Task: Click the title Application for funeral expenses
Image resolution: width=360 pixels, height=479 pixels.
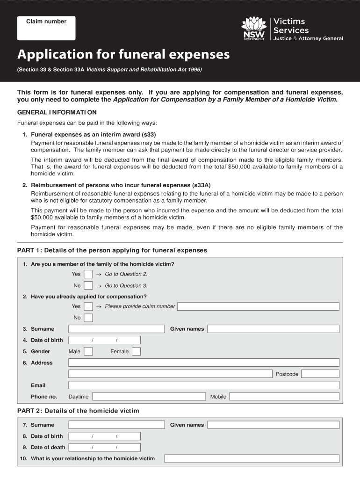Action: tap(123, 55)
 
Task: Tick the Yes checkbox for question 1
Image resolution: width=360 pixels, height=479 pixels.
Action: tap(88, 274)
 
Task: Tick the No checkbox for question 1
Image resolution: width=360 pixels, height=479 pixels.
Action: tap(88, 285)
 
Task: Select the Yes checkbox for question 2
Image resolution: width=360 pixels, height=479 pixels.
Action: tap(88, 306)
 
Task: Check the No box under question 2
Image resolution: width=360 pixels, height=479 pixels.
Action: tap(88, 318)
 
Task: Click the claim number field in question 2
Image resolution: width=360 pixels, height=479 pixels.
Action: tap(258, 306)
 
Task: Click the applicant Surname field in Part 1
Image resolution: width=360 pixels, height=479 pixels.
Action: tap(116, 329)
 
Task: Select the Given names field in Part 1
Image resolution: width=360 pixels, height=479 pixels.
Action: tap(274, 329)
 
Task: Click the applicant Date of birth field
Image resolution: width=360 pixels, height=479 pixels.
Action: tap(104, 340)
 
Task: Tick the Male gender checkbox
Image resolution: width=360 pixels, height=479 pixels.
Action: tap(88, 351)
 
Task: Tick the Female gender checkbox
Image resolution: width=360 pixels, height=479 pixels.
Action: tap(136, 351)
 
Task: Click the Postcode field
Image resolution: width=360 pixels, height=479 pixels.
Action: tap(320, 374)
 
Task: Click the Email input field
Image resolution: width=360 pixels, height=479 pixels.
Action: tap(204, 385)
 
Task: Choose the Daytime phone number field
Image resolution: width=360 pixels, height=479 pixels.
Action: tap(149, 396)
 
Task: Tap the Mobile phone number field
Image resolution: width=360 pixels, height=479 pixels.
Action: tap(284, 396)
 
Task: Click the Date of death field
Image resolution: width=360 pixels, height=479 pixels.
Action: tap(104, 447)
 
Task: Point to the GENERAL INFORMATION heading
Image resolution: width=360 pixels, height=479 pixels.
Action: tap(57, 112)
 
